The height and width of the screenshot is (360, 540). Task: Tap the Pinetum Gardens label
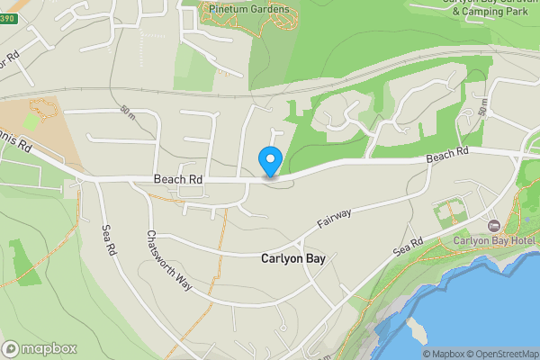pyautogui.click(x=247, y=9)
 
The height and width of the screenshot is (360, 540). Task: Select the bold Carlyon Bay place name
pyautogui.click(x=293, y=258)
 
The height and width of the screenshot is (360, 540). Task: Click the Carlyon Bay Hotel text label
pyautogui.click(x=494, y=240)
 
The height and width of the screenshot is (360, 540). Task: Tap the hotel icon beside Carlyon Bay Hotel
pyautogui.click(x=492, y=224)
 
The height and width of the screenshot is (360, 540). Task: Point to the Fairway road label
pyautogui.click(x=333, y=217)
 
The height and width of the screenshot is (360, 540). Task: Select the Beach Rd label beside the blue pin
pyautogui.click(x=177, y=180)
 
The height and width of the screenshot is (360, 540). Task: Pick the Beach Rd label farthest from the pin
pyautogui.click(x=448, y=157)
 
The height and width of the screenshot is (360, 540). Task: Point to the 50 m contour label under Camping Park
pyautogui.click(x=483, y=109)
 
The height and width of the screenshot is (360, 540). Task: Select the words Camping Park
pyautogui.click(x=490, y=12)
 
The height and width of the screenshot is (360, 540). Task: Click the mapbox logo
pyautogui.click(x=40, y=349)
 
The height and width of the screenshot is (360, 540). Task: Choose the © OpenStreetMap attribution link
pyautogui.click(x=505, y=354)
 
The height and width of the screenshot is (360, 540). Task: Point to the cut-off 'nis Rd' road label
pyautogui.click(x=17, y=144)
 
